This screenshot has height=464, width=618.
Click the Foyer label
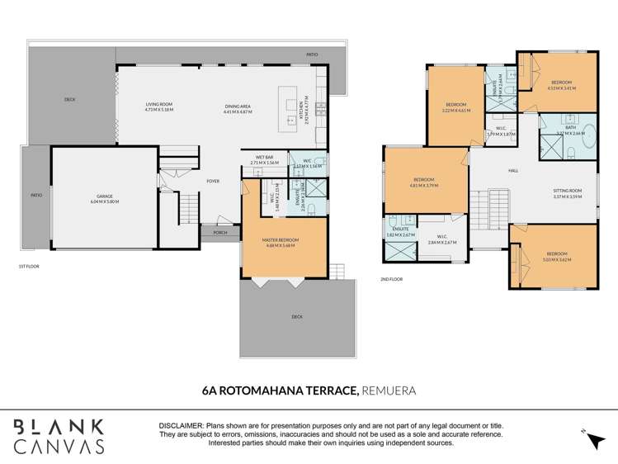(213, 181)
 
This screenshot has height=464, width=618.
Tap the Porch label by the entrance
(220, 233)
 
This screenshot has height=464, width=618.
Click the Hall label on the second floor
(513, 170)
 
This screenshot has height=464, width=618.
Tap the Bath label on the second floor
(569, 128)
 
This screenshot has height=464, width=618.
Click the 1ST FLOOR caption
(29, 267)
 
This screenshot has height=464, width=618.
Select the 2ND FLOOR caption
(392, 279)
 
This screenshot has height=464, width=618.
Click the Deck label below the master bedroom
(296, 315)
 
